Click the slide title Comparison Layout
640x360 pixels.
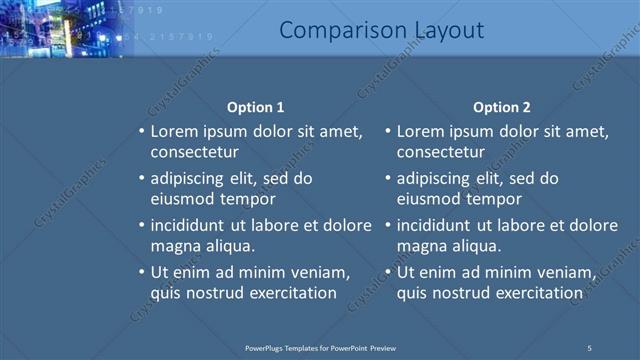point(381,31)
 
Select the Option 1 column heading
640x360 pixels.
point(255,107)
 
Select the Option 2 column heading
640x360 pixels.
point(502,107)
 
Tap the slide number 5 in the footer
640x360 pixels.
point(589,347)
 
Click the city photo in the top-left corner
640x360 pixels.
point(65,28)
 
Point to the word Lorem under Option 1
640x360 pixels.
point(175,131)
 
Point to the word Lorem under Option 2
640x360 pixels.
point(422,131)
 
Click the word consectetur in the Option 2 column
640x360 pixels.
point(441,152)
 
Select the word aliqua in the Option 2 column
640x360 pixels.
point(477,246)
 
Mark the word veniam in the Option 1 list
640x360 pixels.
point(319,272)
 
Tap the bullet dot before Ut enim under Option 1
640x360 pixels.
point(141,272)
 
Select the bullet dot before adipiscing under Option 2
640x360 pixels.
point(388,179)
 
